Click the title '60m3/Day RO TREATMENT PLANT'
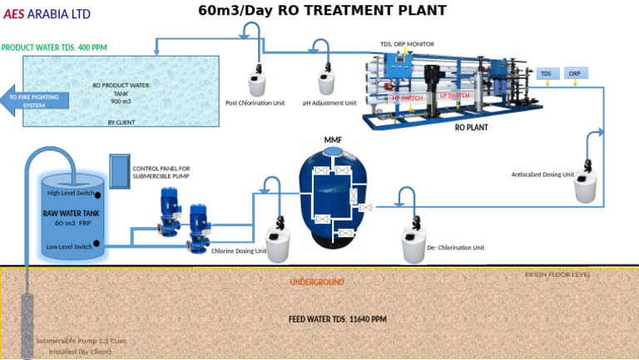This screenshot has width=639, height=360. [322, 11]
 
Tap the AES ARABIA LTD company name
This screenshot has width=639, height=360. [47, 14]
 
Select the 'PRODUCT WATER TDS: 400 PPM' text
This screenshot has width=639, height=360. [55, 48]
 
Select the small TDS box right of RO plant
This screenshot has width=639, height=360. [547, 74]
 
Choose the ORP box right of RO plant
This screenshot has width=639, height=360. [575, 74]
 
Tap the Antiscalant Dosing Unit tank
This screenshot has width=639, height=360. [584, 187]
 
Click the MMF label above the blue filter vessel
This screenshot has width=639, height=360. [333, 140]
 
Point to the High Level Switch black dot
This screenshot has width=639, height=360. [98, 195]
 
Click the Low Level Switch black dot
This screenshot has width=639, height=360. [98, 244]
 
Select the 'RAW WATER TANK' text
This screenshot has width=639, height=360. [72, 213]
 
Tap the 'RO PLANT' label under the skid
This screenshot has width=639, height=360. [471, 129]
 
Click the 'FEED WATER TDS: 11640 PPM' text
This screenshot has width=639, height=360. [338, 319]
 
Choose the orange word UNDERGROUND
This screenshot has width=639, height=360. [316, 283]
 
